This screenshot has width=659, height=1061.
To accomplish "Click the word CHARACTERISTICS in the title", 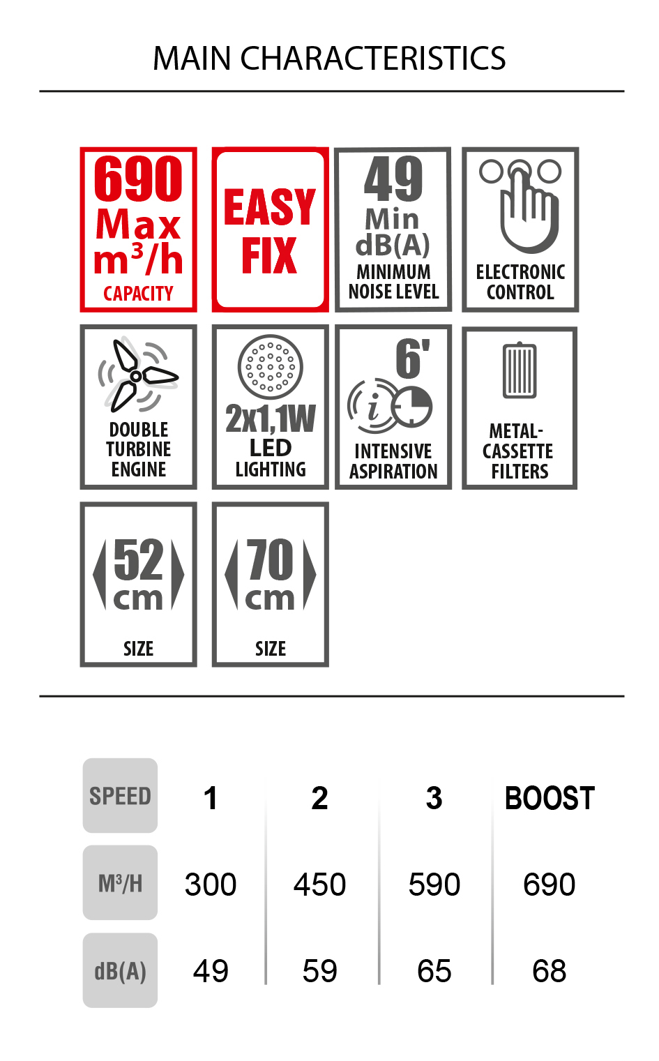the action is pos(372,59).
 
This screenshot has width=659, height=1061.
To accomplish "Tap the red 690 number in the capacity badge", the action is pos(138,179).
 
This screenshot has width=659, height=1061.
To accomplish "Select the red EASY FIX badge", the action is pos(270,229).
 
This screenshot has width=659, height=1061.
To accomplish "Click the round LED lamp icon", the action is pos(270,367).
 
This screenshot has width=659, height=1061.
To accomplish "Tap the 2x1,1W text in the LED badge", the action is pos(271,419).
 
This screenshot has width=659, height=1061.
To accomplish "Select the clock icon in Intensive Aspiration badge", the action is pos(412,407).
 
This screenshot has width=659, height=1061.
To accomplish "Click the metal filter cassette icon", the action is pos(520,370).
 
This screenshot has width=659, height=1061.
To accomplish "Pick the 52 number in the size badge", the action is pos(138,559).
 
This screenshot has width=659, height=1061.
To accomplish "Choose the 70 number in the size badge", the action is pos(271,559).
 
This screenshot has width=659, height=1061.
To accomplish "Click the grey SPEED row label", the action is pos(120,795).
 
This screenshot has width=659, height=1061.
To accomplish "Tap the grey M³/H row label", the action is pos(120,882).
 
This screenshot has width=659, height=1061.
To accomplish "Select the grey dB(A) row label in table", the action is pos(120,970).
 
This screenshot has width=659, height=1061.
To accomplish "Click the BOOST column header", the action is pos(550,798).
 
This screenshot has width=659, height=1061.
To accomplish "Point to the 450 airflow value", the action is pos(319,885).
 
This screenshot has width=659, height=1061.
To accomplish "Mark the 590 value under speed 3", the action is pos(434,885).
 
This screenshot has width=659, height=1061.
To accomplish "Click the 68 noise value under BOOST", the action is pos(550,971).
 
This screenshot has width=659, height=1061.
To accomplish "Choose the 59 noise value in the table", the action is pos(319,971).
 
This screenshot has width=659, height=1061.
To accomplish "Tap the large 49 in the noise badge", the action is pos(393,179).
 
